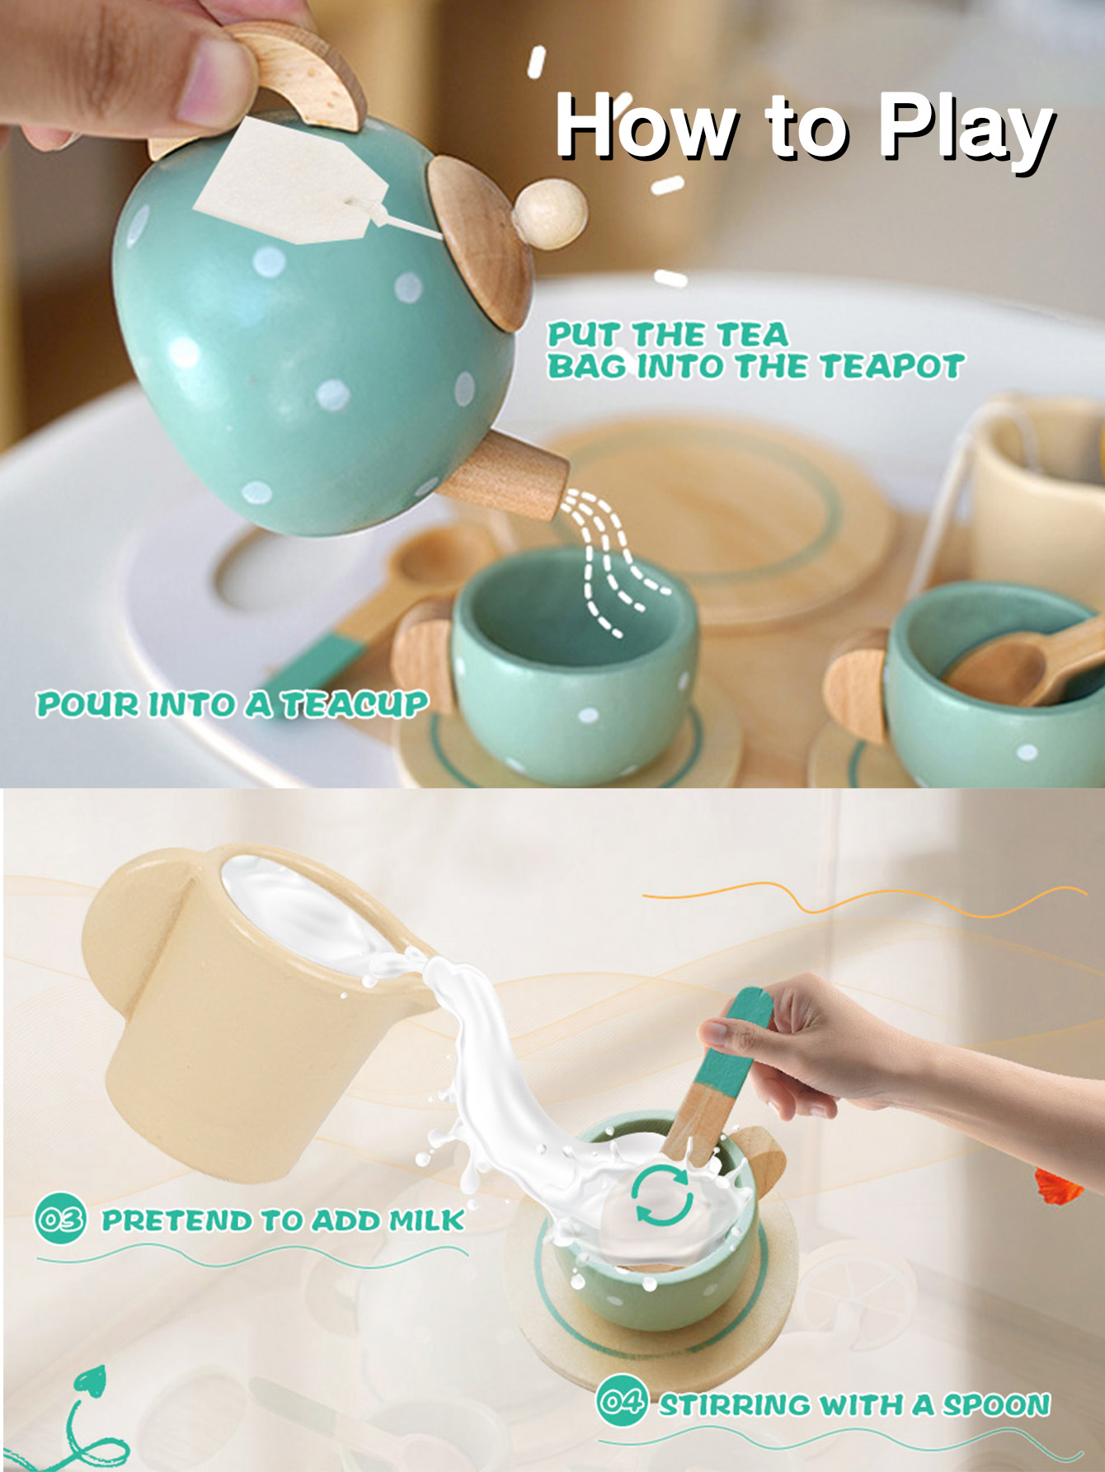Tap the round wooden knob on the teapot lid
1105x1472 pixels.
click(550, 214)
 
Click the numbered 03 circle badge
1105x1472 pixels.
click(60, 1218)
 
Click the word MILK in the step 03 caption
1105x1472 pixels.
click(426, 1220)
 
